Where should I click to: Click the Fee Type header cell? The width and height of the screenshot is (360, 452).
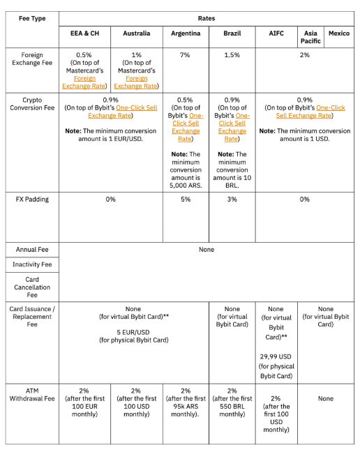point(32,18)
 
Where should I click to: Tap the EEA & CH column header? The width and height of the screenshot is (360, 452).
point(84,33)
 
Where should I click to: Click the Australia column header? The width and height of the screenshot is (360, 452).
point(136,33)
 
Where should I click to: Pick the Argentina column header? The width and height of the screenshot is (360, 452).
point(186,33)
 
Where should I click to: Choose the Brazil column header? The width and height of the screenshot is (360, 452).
point(232,33)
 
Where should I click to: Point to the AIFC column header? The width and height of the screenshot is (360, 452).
point(276,33)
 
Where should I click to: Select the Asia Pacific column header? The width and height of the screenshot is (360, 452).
point(311,37)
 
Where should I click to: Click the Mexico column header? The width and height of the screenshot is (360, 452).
point(339,33)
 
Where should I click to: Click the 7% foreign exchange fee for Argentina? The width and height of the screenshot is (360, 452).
point(186,54)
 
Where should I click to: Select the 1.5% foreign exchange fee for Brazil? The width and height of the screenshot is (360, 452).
point(232,54)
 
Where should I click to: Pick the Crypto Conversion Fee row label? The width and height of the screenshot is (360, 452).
point(32,104)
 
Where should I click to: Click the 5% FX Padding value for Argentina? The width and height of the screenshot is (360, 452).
point(186,199)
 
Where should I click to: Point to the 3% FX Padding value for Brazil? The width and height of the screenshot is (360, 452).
point(232,199)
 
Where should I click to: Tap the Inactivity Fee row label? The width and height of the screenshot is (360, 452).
point(32,264)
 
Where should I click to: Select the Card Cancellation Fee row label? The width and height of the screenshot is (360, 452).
point(32,287)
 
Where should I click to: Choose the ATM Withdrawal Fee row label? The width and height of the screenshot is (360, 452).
point(32,395)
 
